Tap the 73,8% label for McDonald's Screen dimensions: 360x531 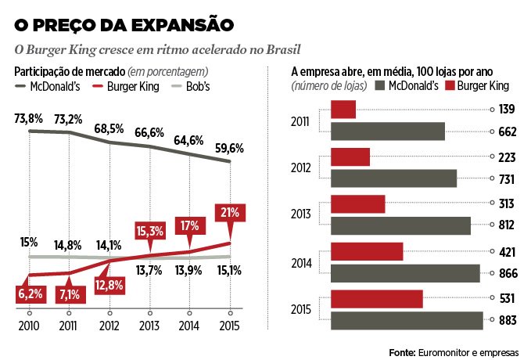point(29,119)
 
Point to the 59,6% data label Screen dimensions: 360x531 point(230,148)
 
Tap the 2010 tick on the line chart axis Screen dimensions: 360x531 point(29,325)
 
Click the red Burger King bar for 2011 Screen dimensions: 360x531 point(343,110)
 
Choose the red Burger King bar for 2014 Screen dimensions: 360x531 point(367,252)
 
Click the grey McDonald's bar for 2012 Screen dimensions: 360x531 point(393,178)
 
